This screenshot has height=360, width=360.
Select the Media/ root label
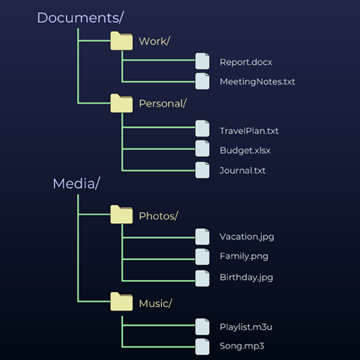76,184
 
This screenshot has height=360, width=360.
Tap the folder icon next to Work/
121,41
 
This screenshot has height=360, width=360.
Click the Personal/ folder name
162,103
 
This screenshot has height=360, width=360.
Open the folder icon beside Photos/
121,215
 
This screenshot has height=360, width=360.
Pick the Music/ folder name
155,303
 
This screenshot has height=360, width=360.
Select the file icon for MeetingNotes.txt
203,81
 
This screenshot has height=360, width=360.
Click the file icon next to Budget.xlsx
203,150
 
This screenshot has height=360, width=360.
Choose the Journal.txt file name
243,171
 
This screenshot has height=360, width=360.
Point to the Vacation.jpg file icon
203,236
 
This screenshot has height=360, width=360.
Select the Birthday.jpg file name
246,276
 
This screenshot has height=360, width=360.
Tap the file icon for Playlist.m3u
203,326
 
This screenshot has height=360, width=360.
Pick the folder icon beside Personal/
121,102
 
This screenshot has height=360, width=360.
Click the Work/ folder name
154,41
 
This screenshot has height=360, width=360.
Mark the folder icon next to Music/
121,302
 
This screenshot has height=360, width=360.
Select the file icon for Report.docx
203,63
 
